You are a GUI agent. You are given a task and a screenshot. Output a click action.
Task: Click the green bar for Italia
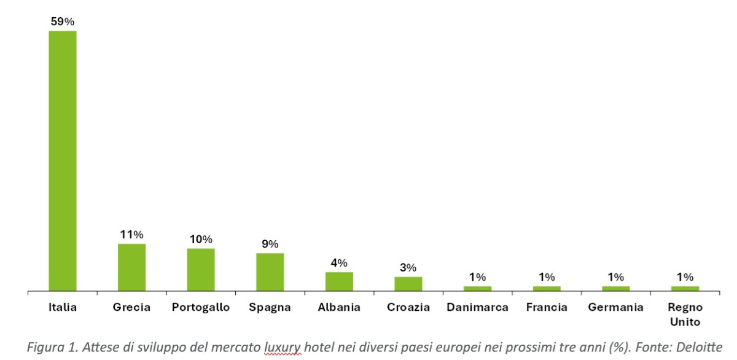63,161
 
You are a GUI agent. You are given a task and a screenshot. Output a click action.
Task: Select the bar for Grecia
131,267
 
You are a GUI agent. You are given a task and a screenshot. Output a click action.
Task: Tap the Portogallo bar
201,270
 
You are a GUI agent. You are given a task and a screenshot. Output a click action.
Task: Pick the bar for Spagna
270,272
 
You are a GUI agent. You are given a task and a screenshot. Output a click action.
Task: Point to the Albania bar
339,281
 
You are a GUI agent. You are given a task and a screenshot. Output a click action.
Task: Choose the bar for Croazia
408,284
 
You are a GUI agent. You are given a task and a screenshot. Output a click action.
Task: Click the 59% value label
63,22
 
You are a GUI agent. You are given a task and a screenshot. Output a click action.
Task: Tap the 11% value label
131,235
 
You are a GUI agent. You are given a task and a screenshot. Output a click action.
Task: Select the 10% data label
201,239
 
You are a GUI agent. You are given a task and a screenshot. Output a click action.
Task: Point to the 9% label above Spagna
270,244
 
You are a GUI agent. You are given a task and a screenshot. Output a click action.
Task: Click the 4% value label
339,263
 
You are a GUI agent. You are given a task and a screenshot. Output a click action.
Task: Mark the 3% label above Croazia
408,267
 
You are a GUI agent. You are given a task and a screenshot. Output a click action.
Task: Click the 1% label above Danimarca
477,277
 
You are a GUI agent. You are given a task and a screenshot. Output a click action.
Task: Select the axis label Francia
547,307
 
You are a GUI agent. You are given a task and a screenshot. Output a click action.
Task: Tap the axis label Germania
615,307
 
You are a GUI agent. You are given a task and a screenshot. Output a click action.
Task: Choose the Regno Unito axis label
685,315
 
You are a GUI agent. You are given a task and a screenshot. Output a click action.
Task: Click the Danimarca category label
477,307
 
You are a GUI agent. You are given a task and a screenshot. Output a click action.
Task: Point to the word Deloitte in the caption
699,347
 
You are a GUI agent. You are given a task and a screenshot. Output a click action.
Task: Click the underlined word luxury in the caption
283,348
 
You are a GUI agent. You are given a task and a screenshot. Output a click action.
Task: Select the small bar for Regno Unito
685,289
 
